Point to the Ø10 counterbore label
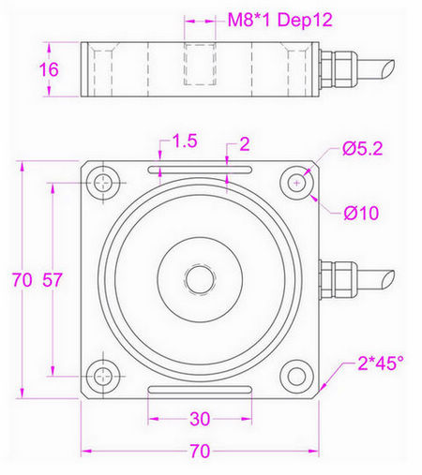click(360, 213)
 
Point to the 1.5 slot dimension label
click(184, 141)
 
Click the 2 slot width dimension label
click(244, 143)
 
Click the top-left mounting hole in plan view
click(100, 182)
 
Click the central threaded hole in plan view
click(198, 278)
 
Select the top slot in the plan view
click(199, 169)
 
